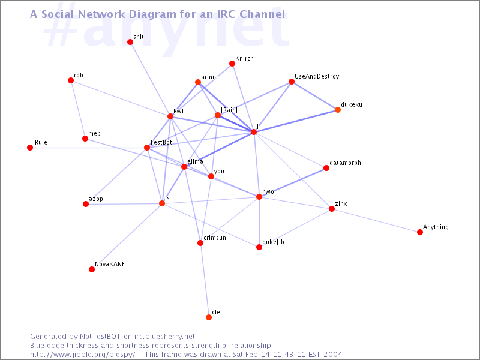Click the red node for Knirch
[x=232, y=64]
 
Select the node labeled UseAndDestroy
[x=292, y=82]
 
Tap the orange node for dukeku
[x=338, y=110]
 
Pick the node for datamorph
[x=326, y=168]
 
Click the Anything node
[x=420, y=232]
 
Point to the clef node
[x=209, y=317]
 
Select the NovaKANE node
[x=92, y=269]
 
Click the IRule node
[x=30, y=148]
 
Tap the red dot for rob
[x=71, y=80]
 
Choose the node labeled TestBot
[x=147, y=148]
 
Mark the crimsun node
[x=200, y=243]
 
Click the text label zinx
[x=341, y=203]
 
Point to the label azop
[x=96, y=199]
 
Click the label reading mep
[x=94, y=133]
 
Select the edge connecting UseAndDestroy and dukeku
[x=314, y=95]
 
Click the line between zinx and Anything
[x=376, y=220]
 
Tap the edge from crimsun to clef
[x=205, y=280]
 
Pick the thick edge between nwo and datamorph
[x=293, y=182]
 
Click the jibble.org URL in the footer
[x=83, y=355]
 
